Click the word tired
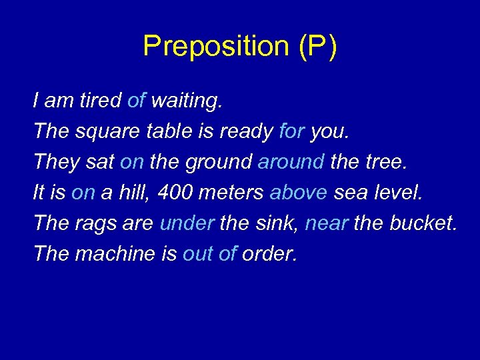(x=100, y=101)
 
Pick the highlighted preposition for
(x=292, y=131)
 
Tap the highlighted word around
(x=291, y=162)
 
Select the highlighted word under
(x=187, y=223)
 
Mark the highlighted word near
(x=327, y=223)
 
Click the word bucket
(x=424, y=223)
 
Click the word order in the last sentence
(x=269, y=254)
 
